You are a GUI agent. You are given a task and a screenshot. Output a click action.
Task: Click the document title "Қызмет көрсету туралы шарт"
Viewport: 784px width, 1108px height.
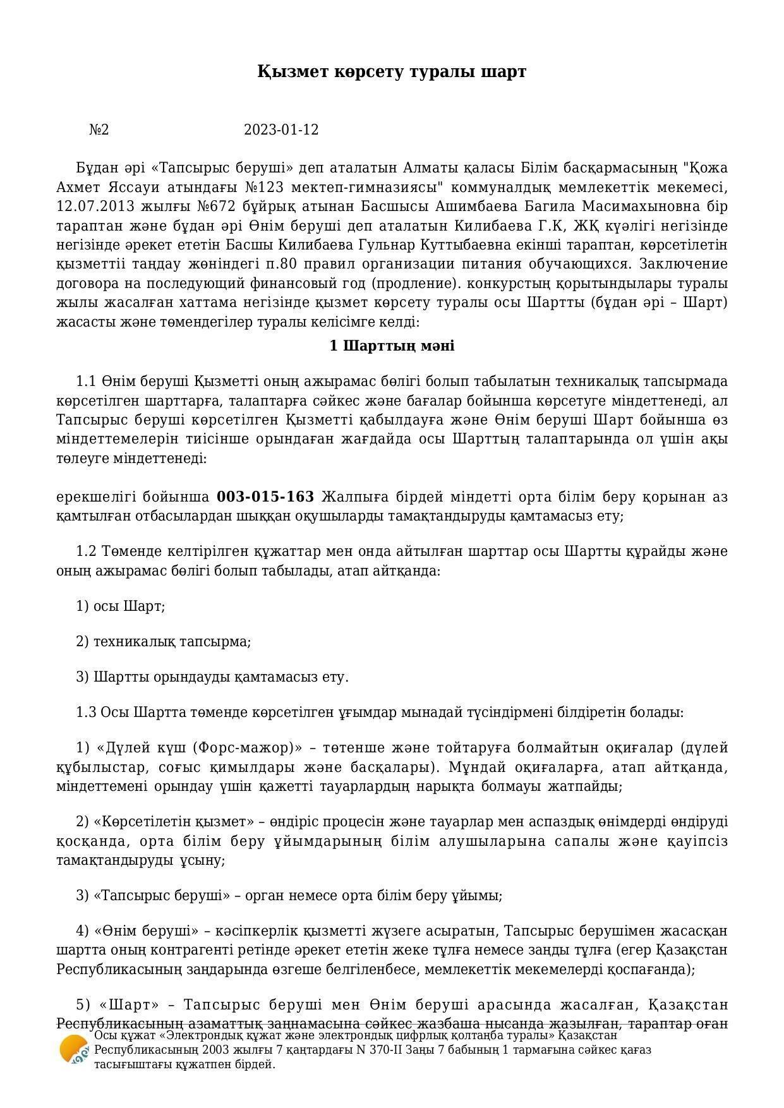point(392,71)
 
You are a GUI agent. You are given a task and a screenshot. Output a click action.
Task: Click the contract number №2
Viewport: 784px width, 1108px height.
point(99,130)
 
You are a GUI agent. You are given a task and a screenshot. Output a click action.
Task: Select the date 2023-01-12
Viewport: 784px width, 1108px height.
point(281,130)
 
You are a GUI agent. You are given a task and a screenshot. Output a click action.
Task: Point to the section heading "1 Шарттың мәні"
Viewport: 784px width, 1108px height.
point(392,346)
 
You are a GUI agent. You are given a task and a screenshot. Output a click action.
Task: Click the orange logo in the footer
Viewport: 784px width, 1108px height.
point(74,1049)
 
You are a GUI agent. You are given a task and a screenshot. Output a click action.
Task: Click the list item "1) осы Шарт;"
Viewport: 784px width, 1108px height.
point(120,606)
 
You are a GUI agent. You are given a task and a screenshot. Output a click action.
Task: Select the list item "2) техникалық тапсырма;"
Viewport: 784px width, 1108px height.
point(163,642)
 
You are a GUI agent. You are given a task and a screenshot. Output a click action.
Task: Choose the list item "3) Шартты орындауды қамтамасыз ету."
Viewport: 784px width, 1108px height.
point(212,677)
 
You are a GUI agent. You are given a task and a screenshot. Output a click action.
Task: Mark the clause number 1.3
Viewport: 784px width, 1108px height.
point(86,713)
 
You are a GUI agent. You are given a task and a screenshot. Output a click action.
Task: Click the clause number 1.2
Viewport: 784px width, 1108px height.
point(86,551)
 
